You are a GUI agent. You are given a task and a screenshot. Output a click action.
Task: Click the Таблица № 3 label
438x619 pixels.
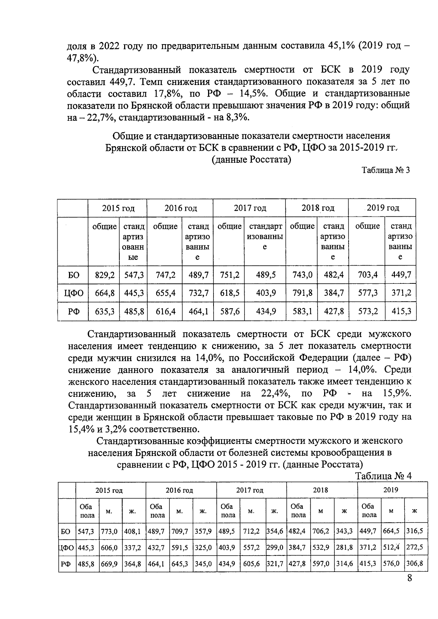(385, 170)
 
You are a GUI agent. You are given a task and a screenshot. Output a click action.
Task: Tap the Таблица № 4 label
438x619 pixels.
(383, 476)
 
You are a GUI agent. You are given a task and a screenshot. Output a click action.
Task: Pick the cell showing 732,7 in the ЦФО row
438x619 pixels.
(198, 293)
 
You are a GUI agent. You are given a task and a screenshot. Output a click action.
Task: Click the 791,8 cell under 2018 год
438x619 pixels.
(302, 293)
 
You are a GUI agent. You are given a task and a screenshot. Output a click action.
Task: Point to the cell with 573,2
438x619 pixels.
(368, 312)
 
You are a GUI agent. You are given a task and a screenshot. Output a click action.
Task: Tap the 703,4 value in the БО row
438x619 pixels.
(368, 275)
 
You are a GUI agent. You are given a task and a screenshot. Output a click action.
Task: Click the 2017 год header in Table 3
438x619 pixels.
(250, 208)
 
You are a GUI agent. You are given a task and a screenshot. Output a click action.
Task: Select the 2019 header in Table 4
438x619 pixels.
(391, 490)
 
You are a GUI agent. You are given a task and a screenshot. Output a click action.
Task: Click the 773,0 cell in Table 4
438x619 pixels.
(109, 531)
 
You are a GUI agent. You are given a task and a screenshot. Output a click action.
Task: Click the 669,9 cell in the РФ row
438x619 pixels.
(109, 564)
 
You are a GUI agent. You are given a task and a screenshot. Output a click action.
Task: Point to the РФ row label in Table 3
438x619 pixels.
(73, 312)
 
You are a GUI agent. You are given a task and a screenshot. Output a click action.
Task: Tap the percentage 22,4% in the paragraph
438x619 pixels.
(276, 394)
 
